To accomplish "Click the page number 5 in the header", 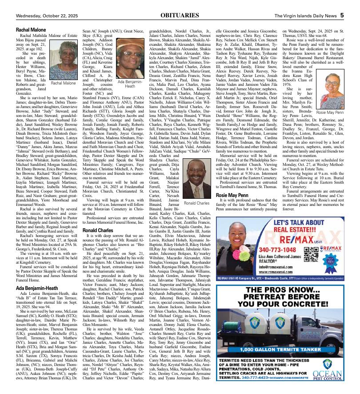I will [x=342, y=15].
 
